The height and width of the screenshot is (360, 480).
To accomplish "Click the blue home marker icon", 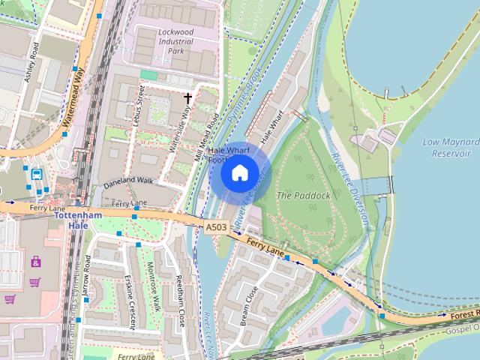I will point(239,173).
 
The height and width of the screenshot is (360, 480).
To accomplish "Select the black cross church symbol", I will point(188,97).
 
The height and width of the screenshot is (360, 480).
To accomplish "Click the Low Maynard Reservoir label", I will point(450,147).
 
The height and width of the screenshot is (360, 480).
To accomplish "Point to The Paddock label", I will point(303,195).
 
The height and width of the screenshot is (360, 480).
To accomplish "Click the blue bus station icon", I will point(37,174).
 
